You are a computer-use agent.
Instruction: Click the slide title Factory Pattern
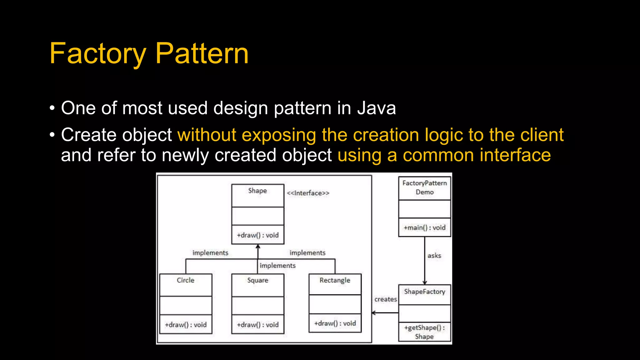point(149,54)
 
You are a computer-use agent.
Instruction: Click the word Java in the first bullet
point(377,108)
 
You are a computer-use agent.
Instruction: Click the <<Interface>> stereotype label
point(308,193)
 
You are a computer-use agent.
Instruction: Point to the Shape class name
point(257,191)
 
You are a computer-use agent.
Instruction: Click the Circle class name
point(185,280)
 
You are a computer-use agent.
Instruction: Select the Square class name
point(257,280)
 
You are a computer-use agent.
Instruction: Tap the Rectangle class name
point(335,280)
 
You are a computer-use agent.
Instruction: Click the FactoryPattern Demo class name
point(424,187)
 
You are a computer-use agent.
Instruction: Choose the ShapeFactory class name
point(424,292)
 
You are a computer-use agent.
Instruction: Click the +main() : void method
point(424,227)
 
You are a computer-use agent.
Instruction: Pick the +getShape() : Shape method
point(424,332)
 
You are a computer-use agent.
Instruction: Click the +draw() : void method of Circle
point(186,325)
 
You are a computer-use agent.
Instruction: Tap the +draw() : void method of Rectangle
point(335,323)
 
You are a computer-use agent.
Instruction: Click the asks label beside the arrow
point(434,256)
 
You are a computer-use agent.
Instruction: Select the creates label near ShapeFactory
point(386,299)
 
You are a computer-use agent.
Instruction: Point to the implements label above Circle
point(210,253)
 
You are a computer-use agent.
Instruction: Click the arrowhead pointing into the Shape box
point(258,247)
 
